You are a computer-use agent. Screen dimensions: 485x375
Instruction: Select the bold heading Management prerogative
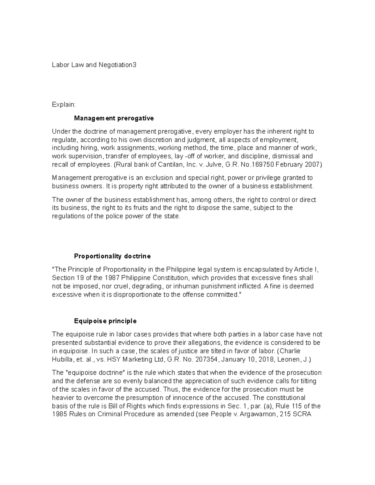pyautogui.click(x=114, y=118)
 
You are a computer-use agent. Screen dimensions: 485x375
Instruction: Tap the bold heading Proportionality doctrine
pyautogui.click(x=112, y=256)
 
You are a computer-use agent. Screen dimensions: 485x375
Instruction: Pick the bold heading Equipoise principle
pyautogui.click(x=105, y=321)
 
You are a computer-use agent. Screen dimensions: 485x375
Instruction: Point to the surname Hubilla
pyautogui.click(x=63, y=359)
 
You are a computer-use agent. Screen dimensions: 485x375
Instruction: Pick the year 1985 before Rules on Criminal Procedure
pyautogui.click(x=59, y=415)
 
